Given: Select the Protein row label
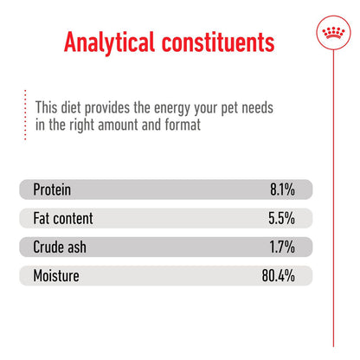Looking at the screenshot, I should click(52, 190).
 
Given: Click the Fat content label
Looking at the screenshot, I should click(62, 219).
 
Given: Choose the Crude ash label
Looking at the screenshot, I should click(59, 247).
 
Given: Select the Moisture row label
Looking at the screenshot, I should click(56, 277).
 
